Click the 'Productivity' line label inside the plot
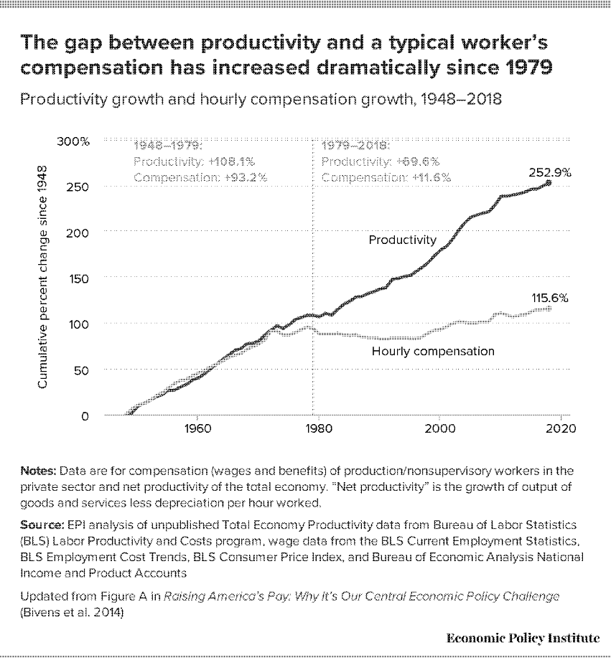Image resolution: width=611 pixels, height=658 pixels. (x=402, y=240)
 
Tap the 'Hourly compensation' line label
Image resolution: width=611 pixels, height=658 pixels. (x=433, y=352)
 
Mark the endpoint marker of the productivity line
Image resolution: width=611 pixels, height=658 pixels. (x=549, y=183)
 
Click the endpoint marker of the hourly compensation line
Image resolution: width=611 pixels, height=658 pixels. (x=549, y=309)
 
